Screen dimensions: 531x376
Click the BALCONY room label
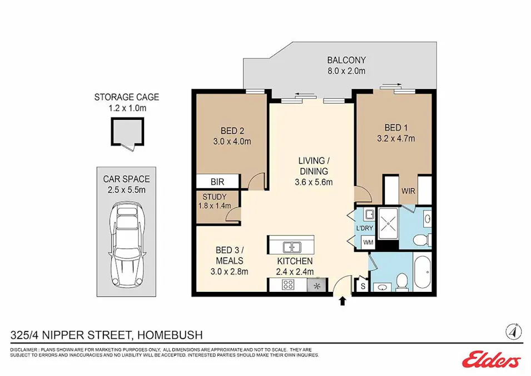346,60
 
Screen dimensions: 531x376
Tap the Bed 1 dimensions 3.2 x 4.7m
396,139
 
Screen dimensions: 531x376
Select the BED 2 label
232,131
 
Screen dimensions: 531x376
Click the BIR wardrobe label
217,182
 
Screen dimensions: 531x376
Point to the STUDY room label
215,197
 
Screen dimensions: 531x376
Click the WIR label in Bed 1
408,191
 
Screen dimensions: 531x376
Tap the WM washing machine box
368,243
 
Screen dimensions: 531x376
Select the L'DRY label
364,228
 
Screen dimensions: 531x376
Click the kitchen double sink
291,247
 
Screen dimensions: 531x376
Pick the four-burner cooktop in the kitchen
288,285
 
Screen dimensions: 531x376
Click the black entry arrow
343,301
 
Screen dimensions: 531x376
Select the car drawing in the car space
126,245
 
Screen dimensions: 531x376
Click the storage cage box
127,133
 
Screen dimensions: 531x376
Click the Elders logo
492,359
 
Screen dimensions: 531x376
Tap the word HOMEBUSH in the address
170,335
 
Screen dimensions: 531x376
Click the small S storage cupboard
363,286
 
